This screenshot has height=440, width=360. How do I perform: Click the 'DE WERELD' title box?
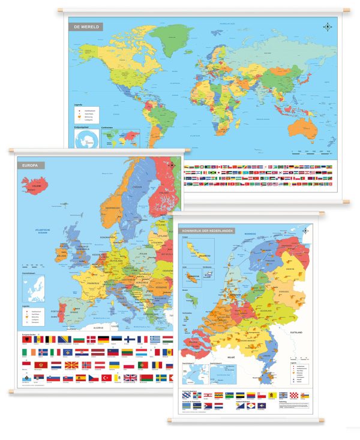(86, 26)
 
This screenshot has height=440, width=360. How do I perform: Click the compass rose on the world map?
(328, 26)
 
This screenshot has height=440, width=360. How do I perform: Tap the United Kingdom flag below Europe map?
(130, 378)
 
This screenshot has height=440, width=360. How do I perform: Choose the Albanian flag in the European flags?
(26, 339)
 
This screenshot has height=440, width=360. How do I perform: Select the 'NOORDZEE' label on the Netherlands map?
(250, 234)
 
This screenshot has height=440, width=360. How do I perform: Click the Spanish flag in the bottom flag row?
(80, 378)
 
